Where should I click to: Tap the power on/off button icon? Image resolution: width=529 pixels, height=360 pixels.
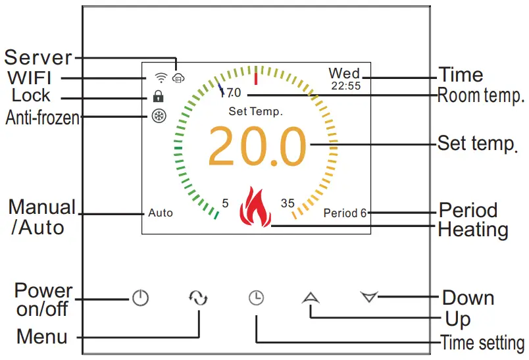(x=140, y=298)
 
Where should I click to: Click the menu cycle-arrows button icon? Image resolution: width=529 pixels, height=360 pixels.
(x=198, y=298)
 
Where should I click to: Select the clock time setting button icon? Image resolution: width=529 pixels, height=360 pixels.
(x=256, y=298)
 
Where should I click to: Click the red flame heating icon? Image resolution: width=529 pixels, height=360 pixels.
(x=255, y=207)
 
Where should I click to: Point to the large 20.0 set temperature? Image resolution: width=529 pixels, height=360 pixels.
(x=257, y=146)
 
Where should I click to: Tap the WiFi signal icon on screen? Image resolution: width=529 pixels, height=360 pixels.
(x=159, y=78)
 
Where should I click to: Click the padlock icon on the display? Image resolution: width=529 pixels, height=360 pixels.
(x=159, y=96)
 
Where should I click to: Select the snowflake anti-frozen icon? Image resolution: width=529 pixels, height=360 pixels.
(x=159, y=116)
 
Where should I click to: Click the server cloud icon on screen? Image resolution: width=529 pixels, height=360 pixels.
(x=177, y=78)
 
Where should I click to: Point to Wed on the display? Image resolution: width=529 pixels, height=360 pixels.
(x=344, y=73)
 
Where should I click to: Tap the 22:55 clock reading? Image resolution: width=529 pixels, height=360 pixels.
(x=345, y=86)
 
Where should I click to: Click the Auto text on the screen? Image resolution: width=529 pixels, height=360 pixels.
(x=161, y=213)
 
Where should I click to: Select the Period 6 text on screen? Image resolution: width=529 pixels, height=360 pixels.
(x=345, y=213)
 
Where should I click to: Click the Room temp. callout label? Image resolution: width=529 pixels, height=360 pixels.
(x=481, y=96)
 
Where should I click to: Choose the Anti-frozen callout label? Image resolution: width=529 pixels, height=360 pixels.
(x=42, y=118)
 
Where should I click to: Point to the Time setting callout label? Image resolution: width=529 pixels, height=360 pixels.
(x=482, y=343)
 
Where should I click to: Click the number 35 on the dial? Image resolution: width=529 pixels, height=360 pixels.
(x=288, y=203)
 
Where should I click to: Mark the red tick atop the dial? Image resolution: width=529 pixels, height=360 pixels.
(x=255, y=70)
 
